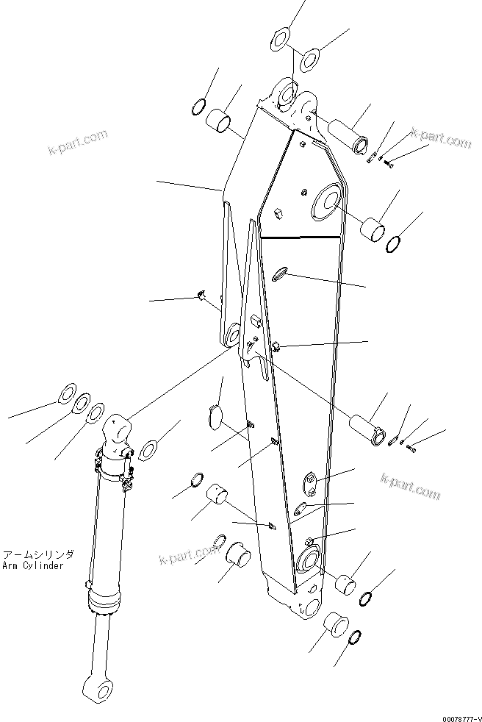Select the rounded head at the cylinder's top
click(118, 429)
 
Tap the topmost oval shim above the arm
click(281, 40)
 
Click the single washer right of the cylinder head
click(149, 448)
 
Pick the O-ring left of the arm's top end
click(197, 107)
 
